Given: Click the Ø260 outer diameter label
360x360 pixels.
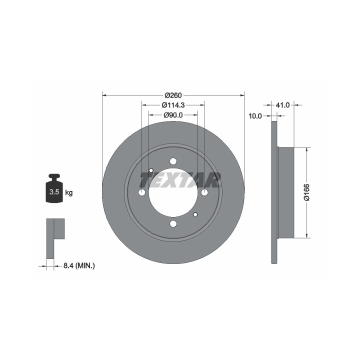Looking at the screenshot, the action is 173,95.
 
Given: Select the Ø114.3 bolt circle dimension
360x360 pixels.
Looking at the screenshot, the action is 173,105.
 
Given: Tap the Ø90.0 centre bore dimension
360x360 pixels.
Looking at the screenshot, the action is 173,115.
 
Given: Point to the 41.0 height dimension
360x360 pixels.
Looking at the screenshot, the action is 282,105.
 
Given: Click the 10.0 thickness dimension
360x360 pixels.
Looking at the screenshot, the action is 255,116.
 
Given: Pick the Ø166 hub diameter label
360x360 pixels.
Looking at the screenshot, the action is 306,192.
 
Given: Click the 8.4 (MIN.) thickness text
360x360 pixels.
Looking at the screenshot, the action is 79,266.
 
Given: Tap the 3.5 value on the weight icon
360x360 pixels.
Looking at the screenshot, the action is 54,191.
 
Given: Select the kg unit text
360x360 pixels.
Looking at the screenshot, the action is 69,192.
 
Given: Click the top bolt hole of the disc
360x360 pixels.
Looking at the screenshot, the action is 173,161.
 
